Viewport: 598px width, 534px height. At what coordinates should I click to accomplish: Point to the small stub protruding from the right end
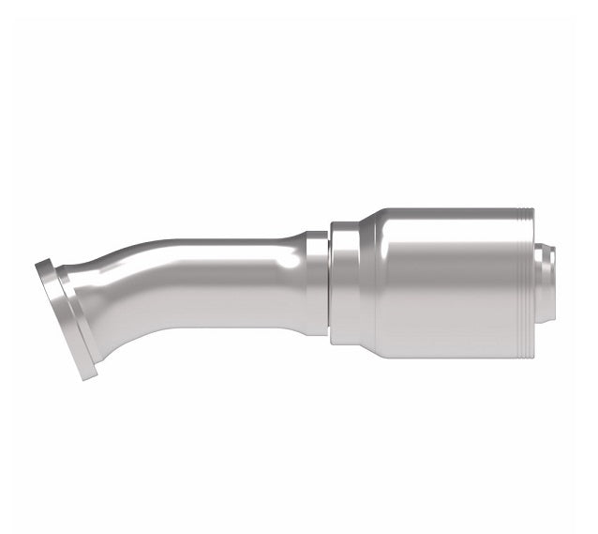(551, 279)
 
